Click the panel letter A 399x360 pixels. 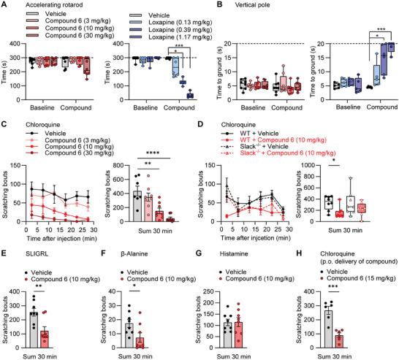click(5, 5)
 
